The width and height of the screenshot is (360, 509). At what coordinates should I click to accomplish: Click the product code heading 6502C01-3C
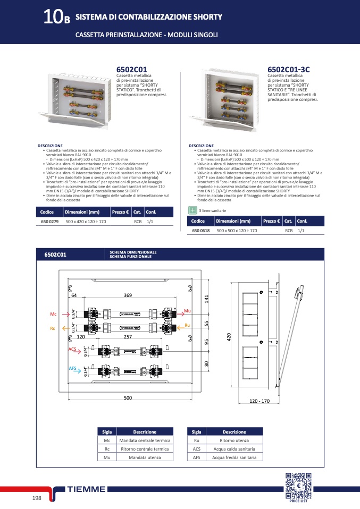[x=288, y=70]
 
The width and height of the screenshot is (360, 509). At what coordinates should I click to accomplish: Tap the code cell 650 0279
[x=50, y=221]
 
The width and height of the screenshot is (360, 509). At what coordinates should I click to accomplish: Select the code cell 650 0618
[x=200, y=231]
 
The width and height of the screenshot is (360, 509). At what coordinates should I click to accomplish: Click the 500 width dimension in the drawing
[x=128, y=397]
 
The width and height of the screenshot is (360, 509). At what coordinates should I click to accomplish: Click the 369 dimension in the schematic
[x=128, y=295]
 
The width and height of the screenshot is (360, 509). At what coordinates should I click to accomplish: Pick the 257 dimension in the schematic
[x=128, y=337]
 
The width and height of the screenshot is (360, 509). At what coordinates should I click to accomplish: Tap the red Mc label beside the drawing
[x=53, y=315]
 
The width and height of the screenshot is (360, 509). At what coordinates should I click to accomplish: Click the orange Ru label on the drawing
[x=187, y=325]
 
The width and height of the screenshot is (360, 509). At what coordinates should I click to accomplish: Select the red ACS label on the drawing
[x=72, y=349]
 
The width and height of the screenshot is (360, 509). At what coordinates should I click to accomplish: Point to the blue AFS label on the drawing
[x=72, y=368]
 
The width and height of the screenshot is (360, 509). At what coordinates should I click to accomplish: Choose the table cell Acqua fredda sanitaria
[x=234, y=456]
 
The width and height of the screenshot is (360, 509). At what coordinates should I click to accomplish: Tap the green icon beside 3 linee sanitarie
[x=193, y=210]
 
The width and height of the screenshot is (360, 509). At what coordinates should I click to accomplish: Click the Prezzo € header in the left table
[x=120, y=212]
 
